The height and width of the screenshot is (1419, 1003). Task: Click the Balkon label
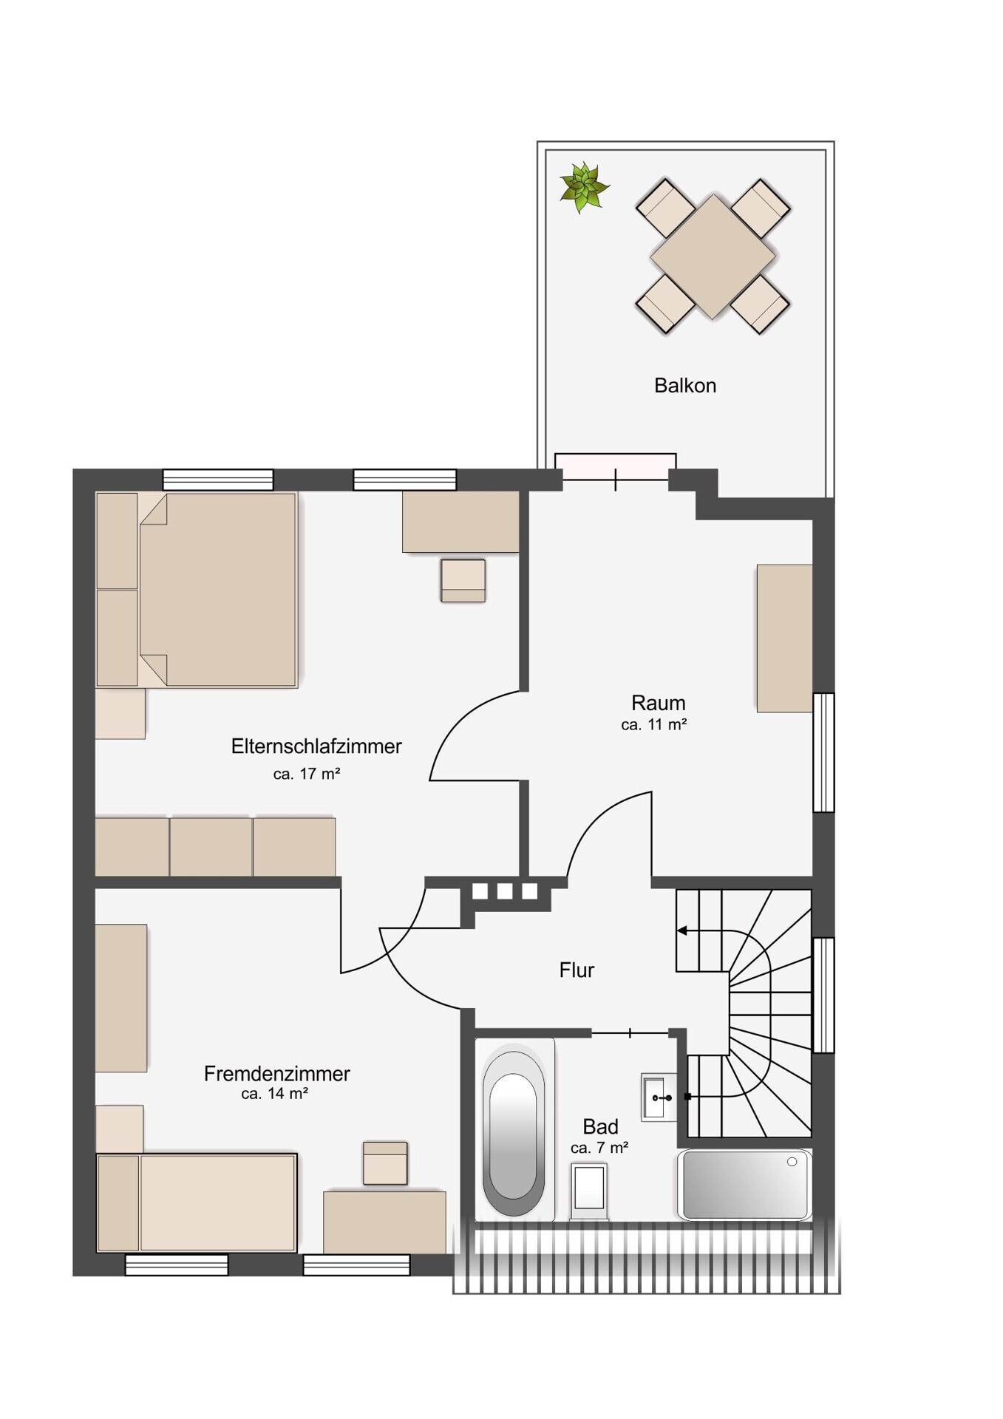pyautogui.click(x=684, y=386)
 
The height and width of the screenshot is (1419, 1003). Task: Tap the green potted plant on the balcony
pyautogui.click(x=584, y=187)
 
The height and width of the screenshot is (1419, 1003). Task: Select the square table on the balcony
pyautogui.click(x=713, y=256)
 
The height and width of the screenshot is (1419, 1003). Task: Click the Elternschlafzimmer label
pyautogui.click(x=316, y=746)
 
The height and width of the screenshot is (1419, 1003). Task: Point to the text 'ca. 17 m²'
pyautogui.click(x=307, y=775)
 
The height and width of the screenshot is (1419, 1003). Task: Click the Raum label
pyautogui.click(x=658, y=703)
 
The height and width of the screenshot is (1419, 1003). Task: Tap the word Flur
pyautogui.click(x=577, y=970)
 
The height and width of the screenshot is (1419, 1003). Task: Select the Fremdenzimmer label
pyautogui.click(x=277, y=1074)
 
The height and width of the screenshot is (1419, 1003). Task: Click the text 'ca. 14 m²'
pyautogui.click(x=275, y=1094)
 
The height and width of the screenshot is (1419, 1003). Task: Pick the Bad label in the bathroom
pyautogui.click(x=600, y=1127)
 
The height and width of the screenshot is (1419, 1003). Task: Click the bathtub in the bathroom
pyautogui.click(x=514, y=1132)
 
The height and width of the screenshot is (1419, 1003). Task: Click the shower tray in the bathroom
pyautogui.click(x=744, y=1185)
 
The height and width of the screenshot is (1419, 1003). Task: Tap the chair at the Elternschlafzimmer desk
pyautogui.click(x=463, y=581)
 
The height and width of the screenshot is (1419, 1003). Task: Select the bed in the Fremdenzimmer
pyautogui.click(x=197, y=1202)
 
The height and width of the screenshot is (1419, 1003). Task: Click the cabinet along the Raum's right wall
pyautogui.click(x=784, y=639)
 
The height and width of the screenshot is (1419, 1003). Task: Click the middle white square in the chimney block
pyautogui.click(x=505, y=891)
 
